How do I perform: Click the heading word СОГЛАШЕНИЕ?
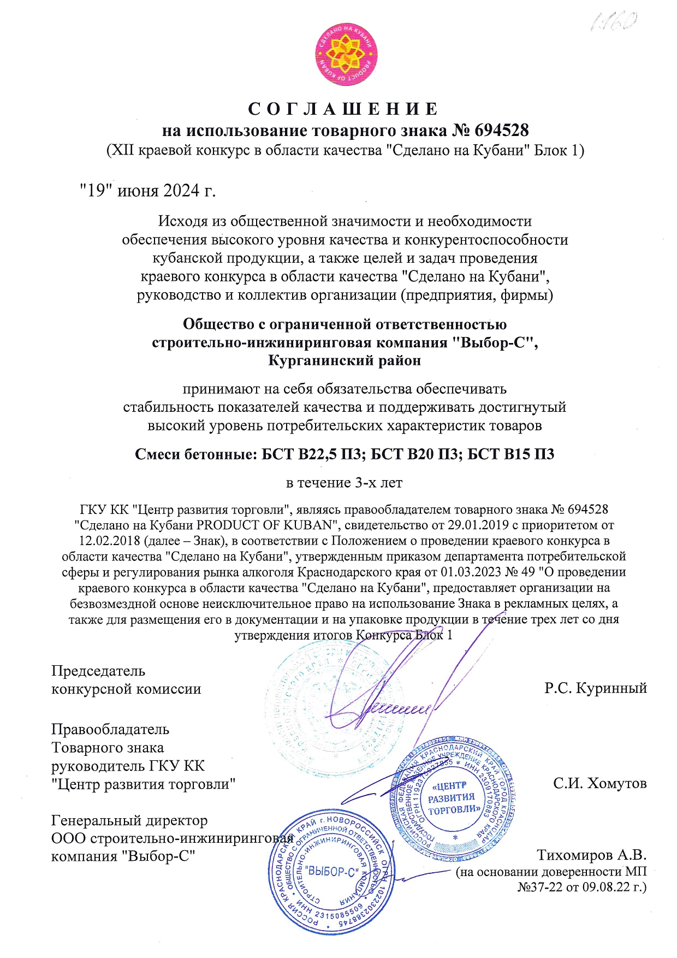coord(343,109)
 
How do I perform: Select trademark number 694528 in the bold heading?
coord(502,130)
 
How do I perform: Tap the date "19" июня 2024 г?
coord(147,191)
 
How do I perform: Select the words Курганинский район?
coord(345,360)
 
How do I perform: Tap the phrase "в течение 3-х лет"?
coord(345,483)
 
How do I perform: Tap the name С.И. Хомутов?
coord(599,784)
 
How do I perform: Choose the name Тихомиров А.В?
coord(591,855)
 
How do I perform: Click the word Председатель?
coord(98,671)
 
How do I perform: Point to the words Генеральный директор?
coord(129,820)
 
